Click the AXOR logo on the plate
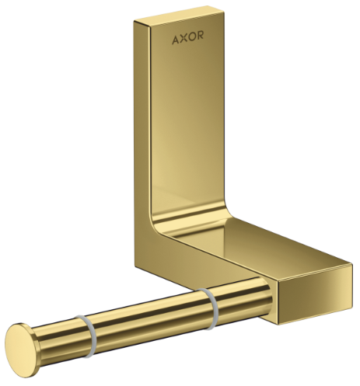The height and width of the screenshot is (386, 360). pos(188,37)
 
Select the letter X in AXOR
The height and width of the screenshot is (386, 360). pos(183,38)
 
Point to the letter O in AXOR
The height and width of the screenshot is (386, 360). pos(191,37)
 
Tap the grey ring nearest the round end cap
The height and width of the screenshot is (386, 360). pos(88,336)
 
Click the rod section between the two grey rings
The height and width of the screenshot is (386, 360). pos(150,322)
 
